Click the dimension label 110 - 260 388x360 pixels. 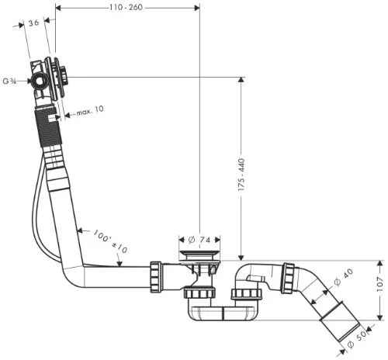[126, 7]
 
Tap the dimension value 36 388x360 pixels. [33, 23]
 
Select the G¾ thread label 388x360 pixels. [9, 81]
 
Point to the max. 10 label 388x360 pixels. [90, 110]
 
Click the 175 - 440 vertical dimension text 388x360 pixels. [241, 175]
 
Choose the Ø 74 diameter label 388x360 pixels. [199, 240]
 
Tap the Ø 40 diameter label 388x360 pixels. [344, 277]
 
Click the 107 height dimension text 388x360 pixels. [379, 284]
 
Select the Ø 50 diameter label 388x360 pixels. [357, 339]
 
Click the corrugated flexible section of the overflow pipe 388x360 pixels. [48, 128]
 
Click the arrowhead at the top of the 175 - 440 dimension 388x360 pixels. [241, 80]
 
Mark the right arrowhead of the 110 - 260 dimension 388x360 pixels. [197, 8]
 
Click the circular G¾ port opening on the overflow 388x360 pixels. [40, 81]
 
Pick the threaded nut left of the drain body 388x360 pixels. [156, 277]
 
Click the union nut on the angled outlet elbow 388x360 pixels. [288, 278]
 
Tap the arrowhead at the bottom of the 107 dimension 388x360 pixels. [379, 317]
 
